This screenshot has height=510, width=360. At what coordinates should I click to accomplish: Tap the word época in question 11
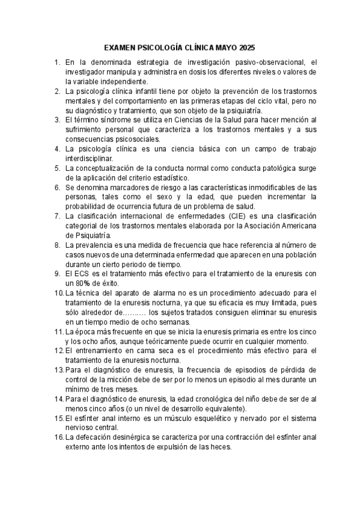[86, 331]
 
